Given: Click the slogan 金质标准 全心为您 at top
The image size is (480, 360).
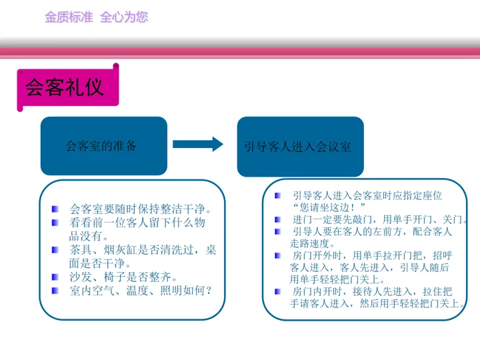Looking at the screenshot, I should pyautogui.click(x=96, y=17).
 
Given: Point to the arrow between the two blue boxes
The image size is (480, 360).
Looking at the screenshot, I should pyautogui.click(x=197, y=144).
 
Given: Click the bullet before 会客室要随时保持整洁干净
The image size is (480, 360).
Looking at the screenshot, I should pyautogui.click(x=55, y=209).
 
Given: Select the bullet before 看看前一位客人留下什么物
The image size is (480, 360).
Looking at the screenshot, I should pyautogui.click(x=55, y=222).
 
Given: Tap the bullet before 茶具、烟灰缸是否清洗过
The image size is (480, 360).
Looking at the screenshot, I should pyautogui.click(x=55, y=250).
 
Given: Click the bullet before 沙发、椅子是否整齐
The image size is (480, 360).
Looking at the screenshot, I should pyautogui.click(x=55, y=277).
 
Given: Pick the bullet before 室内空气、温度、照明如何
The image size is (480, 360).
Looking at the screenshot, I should pyautogui.click(x=55, y=290).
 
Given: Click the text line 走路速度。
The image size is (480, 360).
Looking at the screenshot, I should pyautogui.click(x=313, y=243).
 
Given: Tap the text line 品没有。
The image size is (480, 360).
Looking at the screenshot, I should pyautogui.click(x=89, y=235).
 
